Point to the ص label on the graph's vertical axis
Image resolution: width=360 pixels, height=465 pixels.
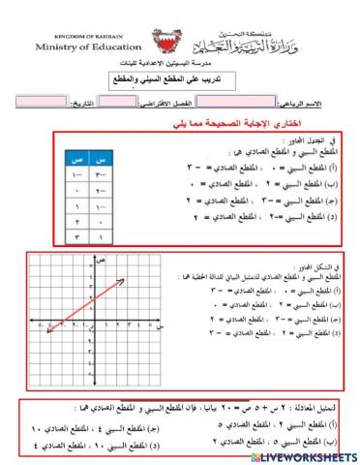pos(98,264)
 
